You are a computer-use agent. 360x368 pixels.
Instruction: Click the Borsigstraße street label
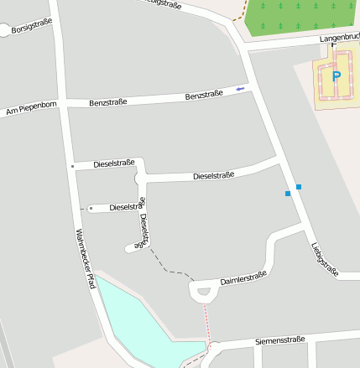[32, 24]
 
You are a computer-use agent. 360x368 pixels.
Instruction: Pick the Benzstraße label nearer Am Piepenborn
[107, 102]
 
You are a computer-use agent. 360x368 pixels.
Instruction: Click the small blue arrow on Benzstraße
[241, 88]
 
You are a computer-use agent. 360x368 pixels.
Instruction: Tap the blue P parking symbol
[337, 76]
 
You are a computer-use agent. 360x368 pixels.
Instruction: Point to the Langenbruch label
[338, 39]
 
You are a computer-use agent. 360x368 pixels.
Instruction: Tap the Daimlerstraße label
[243, 278]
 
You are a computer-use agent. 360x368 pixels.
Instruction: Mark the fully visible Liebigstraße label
[324, 259]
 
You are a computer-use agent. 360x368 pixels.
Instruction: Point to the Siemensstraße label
[279, 341]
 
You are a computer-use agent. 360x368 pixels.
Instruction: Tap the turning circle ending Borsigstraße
[6, 31]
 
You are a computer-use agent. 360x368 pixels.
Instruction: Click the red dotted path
[206, 323]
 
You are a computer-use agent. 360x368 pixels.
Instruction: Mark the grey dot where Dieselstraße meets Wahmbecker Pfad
[73, 166]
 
